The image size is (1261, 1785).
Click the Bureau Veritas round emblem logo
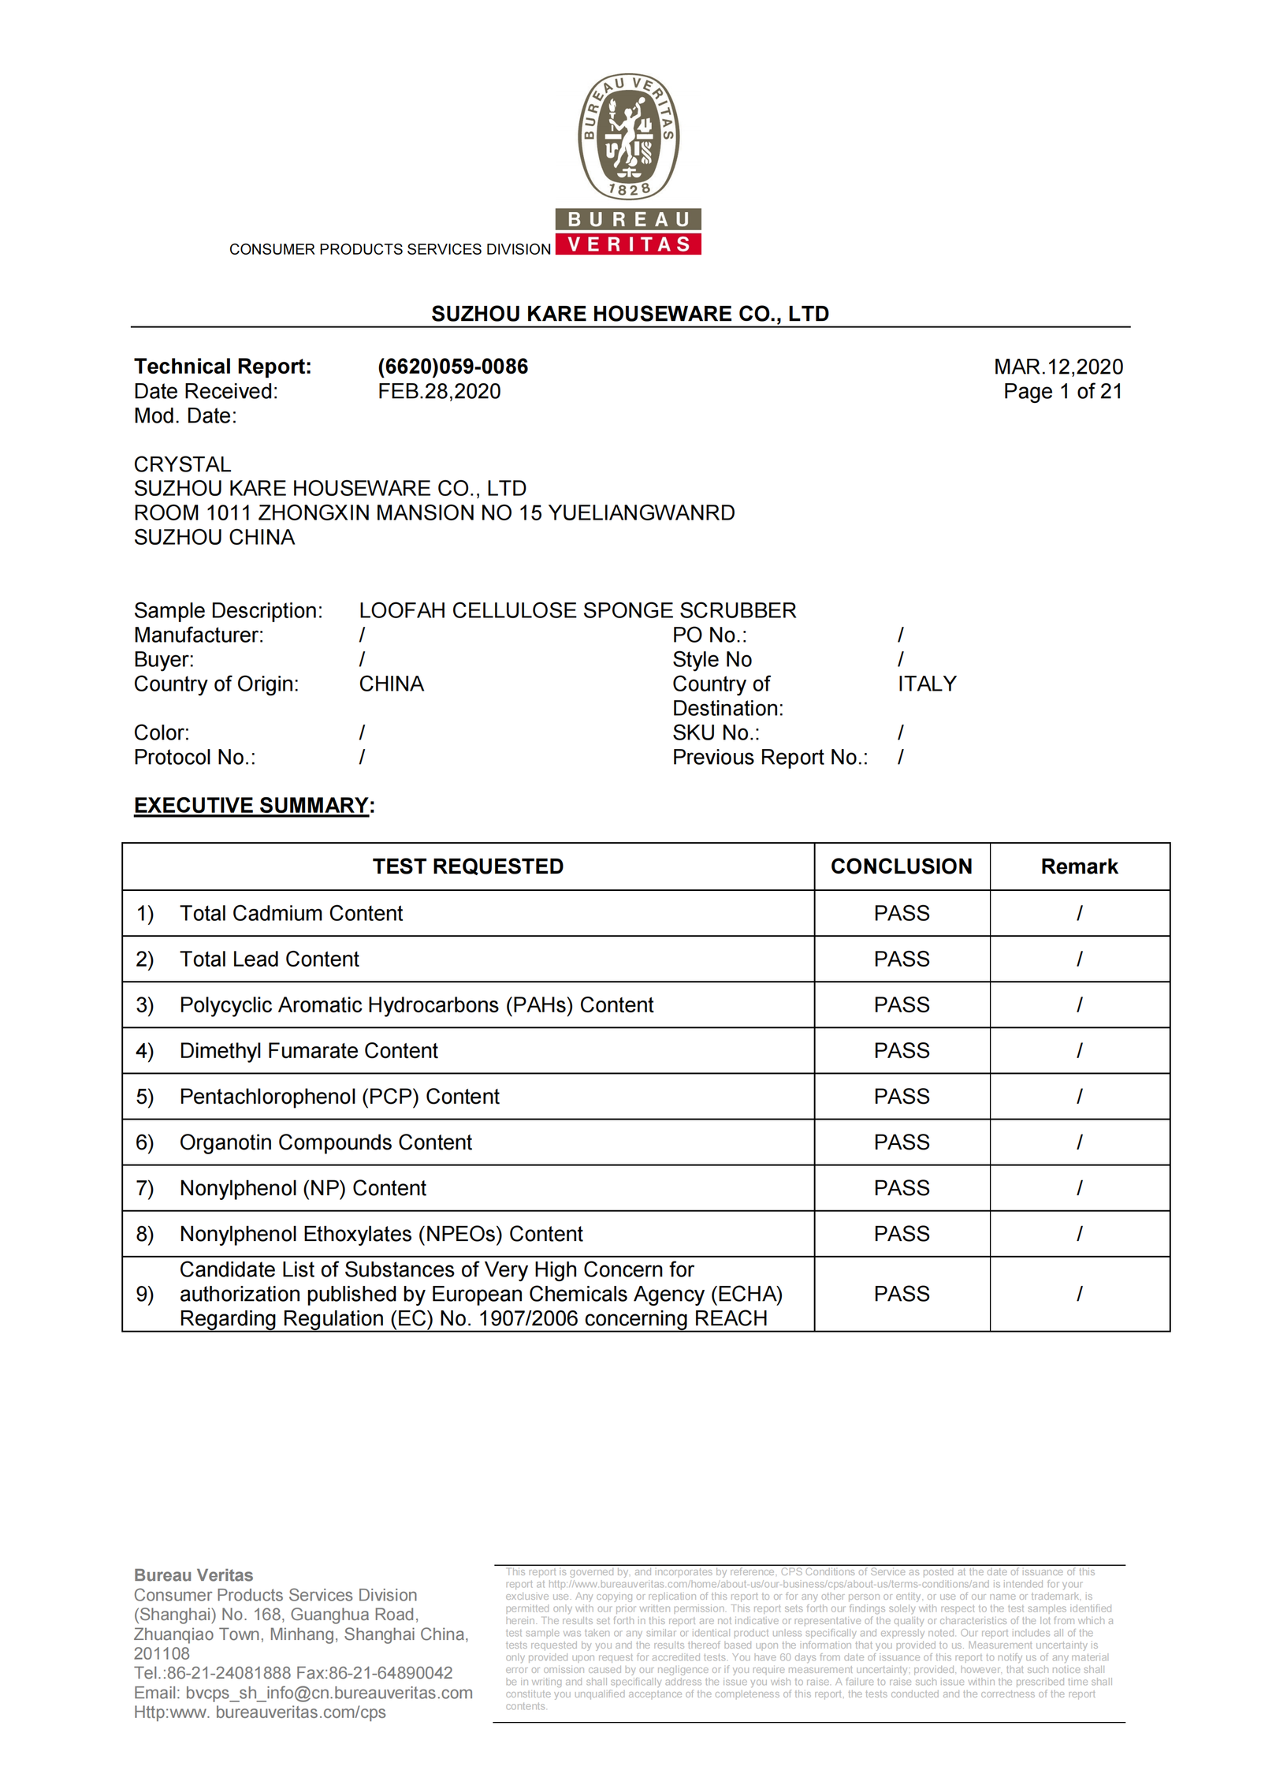628,136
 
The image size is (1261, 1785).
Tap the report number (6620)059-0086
452,367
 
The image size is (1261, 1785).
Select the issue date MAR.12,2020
1058,367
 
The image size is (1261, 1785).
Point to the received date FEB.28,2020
439,391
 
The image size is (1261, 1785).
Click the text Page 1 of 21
1062,391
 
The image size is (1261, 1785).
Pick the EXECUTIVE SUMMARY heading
251,805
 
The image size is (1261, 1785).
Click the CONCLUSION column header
901,866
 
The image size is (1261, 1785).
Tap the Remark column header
1079,866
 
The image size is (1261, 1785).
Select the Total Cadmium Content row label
291,913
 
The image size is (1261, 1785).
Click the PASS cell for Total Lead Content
901,959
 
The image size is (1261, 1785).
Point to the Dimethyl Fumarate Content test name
308,1050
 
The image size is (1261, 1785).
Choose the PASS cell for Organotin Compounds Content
901,1142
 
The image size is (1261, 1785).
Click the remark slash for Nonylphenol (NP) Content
1079,1187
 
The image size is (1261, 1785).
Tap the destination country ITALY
927,684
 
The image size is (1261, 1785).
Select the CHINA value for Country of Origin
391,684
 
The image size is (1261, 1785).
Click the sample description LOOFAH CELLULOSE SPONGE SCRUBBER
577,610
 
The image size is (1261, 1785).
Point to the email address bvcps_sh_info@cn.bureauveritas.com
329,1693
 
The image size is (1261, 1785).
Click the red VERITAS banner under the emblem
628,244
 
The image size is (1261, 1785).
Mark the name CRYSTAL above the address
182,464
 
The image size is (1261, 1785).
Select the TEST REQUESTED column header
467,866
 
